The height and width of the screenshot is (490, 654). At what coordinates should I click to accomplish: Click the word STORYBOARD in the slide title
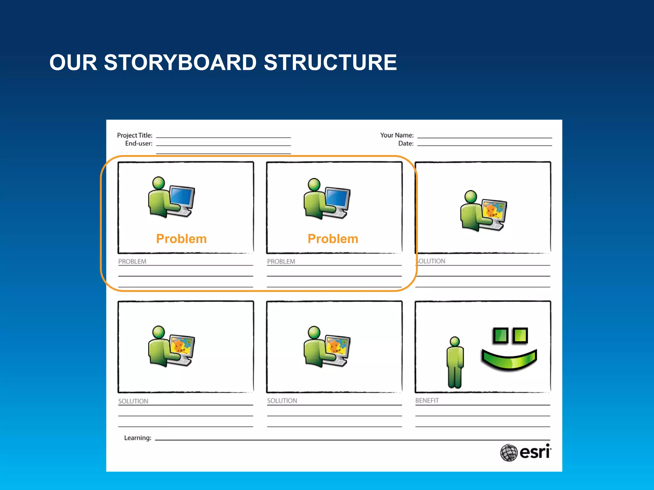click(180, 63)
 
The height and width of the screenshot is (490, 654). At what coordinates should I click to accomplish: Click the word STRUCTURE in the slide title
click(330, 63)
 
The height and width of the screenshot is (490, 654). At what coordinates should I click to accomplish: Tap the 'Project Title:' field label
click(135, 135)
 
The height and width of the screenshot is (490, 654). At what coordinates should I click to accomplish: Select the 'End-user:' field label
click(139, 144)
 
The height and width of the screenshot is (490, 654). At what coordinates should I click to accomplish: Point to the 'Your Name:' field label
click(397, 135)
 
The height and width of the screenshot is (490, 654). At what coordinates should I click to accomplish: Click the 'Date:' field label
click(406, 144)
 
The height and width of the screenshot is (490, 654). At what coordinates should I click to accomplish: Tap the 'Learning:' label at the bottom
click(138, 438)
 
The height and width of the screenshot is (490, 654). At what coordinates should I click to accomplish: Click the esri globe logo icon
click(509, 452)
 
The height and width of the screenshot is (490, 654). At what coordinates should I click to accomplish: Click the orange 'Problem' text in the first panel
click(181, 239)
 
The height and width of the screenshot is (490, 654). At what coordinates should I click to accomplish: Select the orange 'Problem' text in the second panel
click(333, 239)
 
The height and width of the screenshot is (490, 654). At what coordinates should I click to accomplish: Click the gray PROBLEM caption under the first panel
click(132, 262)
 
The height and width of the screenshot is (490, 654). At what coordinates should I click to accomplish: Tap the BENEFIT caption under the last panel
click(427, 401)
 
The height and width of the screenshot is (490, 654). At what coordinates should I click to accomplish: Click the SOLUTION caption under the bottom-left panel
click(133, 401)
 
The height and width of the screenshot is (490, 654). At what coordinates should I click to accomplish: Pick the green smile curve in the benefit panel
click(509, 360)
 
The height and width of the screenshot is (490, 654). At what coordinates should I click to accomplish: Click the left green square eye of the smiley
click(500, 335)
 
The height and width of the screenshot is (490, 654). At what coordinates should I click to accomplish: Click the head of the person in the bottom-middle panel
click(314, 332)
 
